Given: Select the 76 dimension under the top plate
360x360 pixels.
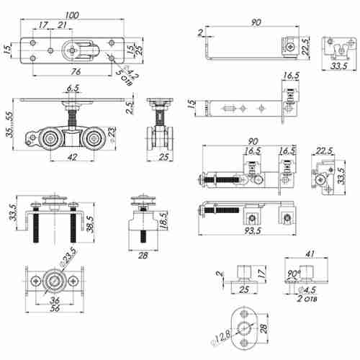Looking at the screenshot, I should (x=74, y=71).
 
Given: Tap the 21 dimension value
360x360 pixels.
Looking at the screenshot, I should (x=62, y=26).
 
